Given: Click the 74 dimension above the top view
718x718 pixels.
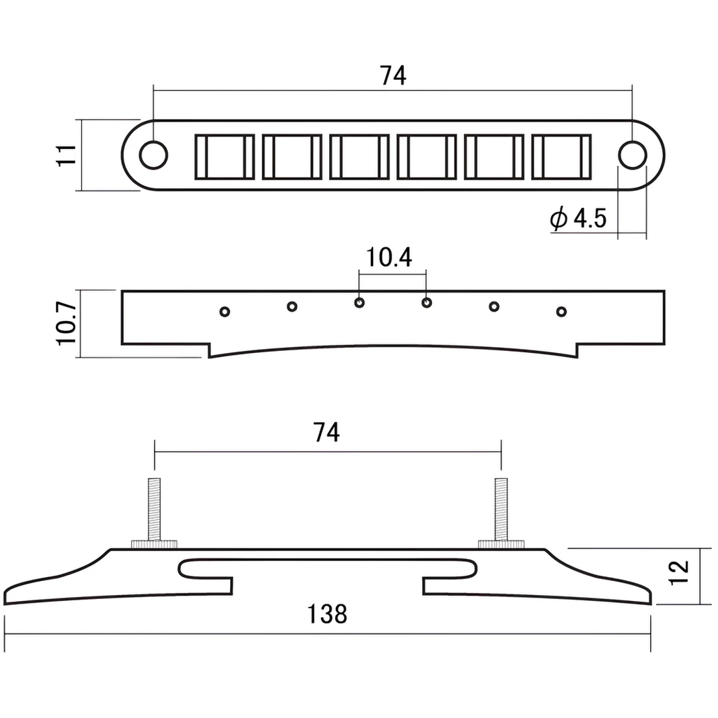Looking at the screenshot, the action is click(393, 76).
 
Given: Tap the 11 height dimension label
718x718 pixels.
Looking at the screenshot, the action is click(66, 155).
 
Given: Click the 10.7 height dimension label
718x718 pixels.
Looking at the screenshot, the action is click(66, 323).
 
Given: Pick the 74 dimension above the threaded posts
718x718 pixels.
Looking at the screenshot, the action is click(326, 432).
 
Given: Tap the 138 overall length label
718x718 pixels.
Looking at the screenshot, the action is click(327, 614).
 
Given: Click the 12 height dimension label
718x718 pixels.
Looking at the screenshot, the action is click(679, 572).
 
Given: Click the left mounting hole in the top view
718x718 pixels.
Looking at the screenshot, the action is click(154, 155).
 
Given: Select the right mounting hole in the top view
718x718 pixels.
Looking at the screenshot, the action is click(632, 155).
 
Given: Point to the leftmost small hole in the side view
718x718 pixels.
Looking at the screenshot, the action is click(225, 312).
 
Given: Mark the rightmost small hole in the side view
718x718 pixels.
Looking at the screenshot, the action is click(561, 312).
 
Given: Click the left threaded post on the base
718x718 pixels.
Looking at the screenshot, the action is click(154, 509).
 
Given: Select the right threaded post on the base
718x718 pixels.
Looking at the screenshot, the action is click(501, 509).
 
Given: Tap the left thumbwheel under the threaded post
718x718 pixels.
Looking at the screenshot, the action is click(154, 544).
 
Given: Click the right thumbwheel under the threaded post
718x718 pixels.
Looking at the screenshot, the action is click(501, 544).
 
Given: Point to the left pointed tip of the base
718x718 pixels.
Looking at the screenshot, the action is click(5, 601).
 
